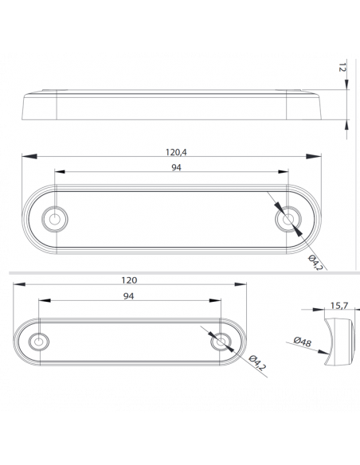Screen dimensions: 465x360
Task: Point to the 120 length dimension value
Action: click(130, 279)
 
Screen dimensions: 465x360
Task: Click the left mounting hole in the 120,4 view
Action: click(56, 217)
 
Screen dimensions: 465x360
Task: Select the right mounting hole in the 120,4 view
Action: click(287, 217)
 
